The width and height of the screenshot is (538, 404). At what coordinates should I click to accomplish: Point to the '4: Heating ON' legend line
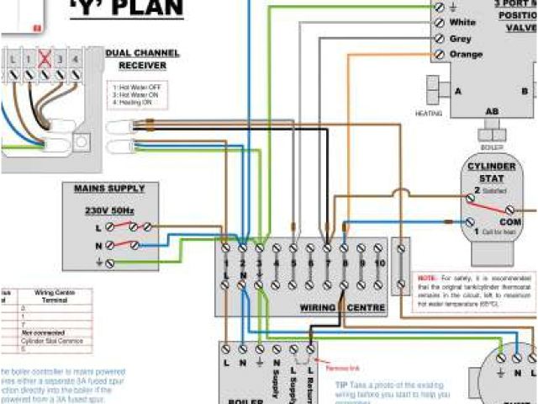click(x=138, y=104)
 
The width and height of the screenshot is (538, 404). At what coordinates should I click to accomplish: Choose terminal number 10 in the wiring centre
click(x=378, y=263)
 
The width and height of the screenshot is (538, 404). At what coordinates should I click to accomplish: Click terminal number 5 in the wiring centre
click(x=293, y=263)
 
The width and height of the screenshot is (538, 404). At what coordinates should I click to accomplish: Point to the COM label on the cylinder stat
click(x=499, y=221)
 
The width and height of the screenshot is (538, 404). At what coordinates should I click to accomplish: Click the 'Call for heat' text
click(x=497, y=231)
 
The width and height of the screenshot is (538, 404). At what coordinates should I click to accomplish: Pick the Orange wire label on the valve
click(x=466, y=55)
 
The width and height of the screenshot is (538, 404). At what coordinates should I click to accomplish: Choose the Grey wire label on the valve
click(x=461, y=39)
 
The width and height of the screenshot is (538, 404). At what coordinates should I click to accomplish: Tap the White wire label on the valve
click(x=462, y=22)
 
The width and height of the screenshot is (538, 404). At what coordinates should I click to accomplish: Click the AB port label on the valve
click(x=492, y=110)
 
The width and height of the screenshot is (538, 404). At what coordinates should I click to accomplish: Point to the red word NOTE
click(x=427, y=277)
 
